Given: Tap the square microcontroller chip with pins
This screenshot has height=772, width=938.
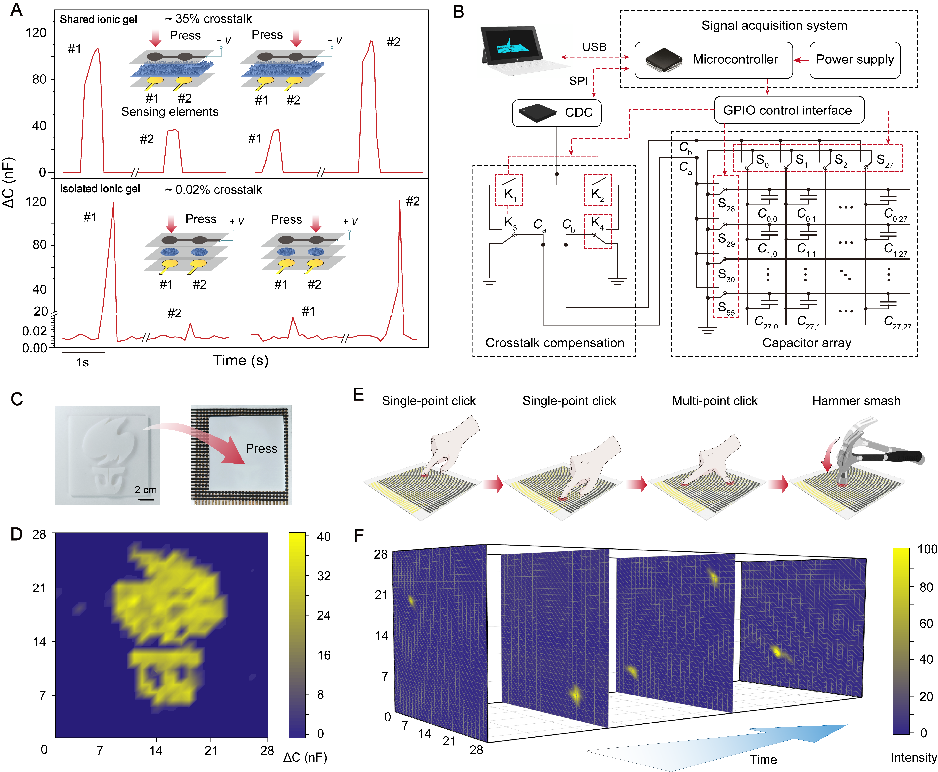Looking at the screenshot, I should [x=664, y=60].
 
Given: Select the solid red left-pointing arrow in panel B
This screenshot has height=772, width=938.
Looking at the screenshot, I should [x=801, y=60].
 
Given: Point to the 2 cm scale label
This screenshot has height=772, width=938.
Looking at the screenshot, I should [x=146, y=490].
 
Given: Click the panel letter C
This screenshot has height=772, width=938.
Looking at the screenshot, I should [x=17, y=399].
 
